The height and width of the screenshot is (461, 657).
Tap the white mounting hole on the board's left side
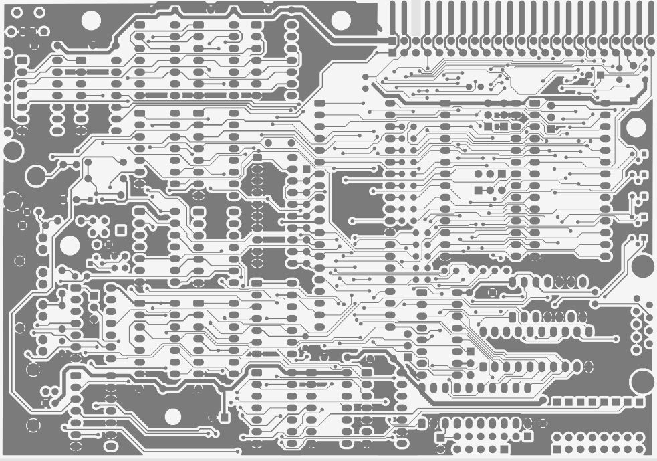70,246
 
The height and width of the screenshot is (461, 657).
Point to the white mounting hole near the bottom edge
172,417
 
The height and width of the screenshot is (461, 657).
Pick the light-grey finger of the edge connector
415,17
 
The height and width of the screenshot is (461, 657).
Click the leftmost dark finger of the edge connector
393,17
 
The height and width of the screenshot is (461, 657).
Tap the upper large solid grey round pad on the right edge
643,266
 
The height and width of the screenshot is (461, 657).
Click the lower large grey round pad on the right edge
643,382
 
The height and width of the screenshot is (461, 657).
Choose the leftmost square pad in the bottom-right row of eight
557,401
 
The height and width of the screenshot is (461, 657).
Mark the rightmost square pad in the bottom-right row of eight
639,401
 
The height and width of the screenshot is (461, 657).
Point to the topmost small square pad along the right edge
644,155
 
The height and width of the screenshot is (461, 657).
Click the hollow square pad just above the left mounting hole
121,229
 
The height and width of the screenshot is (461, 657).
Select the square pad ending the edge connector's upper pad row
393,41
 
